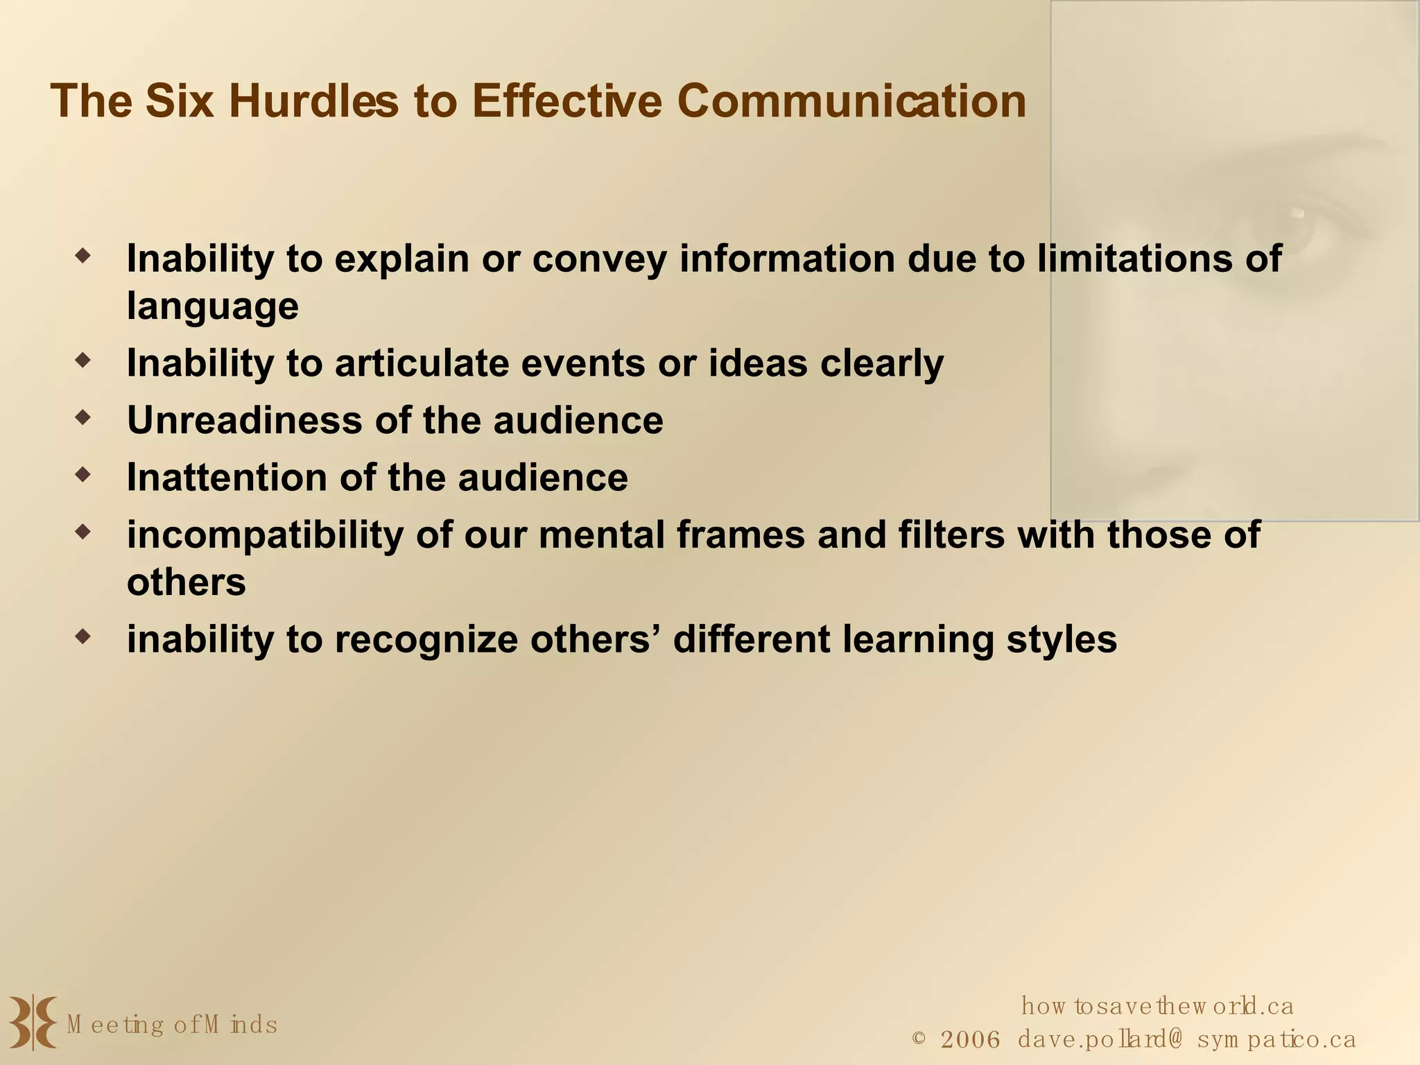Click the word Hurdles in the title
tap(313, 101)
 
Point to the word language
tap(213, 306)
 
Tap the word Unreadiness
tap(245, 420)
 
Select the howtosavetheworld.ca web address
tap(1157, 1005)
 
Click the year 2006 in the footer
tap(971, 1040)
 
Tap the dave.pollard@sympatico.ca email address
tap(1186, 1040)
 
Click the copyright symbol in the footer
tap(919, 1039)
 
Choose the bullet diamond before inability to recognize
tap(83, 636)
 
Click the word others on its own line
tap(186, 582)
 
